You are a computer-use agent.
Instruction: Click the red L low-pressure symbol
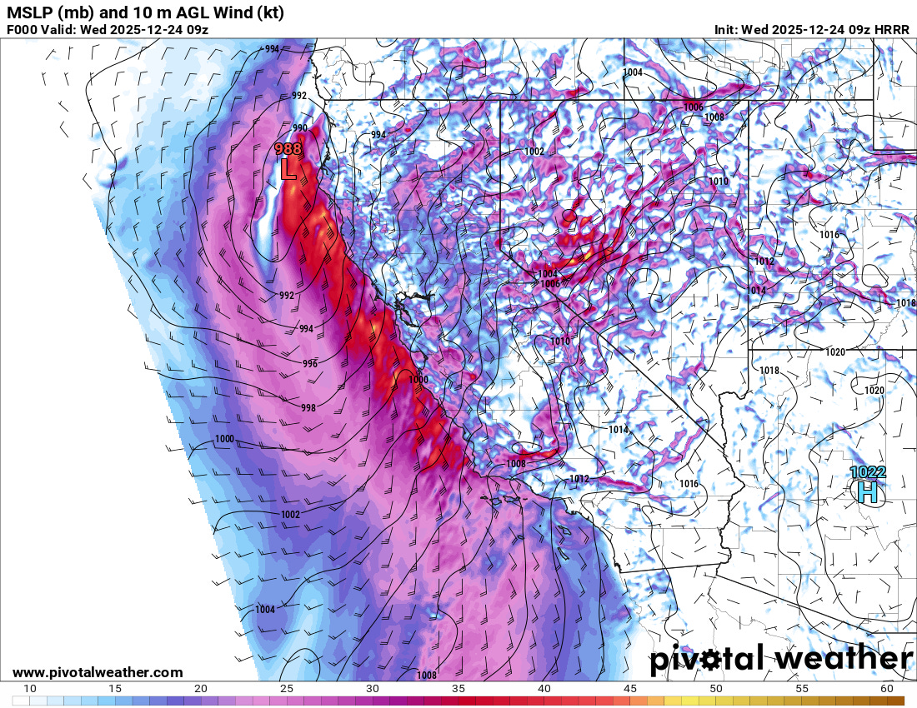288,169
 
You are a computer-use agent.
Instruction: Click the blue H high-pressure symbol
868,492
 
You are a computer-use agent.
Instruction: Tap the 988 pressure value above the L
288,149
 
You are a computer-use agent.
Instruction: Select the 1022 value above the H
868,472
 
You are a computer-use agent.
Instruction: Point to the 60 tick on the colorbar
886,689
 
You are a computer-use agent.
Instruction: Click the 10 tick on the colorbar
29,689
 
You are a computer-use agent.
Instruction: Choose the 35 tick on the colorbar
458,689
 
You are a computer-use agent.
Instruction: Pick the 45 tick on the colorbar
629,689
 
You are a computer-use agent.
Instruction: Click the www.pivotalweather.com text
98,672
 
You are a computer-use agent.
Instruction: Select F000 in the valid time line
23,29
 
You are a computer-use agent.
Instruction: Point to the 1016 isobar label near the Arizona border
689,484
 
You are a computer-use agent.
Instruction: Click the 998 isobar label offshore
308,407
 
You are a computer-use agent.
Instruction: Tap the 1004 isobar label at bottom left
265,610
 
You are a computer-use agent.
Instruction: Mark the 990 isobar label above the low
299,127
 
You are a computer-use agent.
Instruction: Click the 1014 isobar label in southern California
618,430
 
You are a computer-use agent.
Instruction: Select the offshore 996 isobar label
310,364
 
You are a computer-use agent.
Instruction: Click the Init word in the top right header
726,29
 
